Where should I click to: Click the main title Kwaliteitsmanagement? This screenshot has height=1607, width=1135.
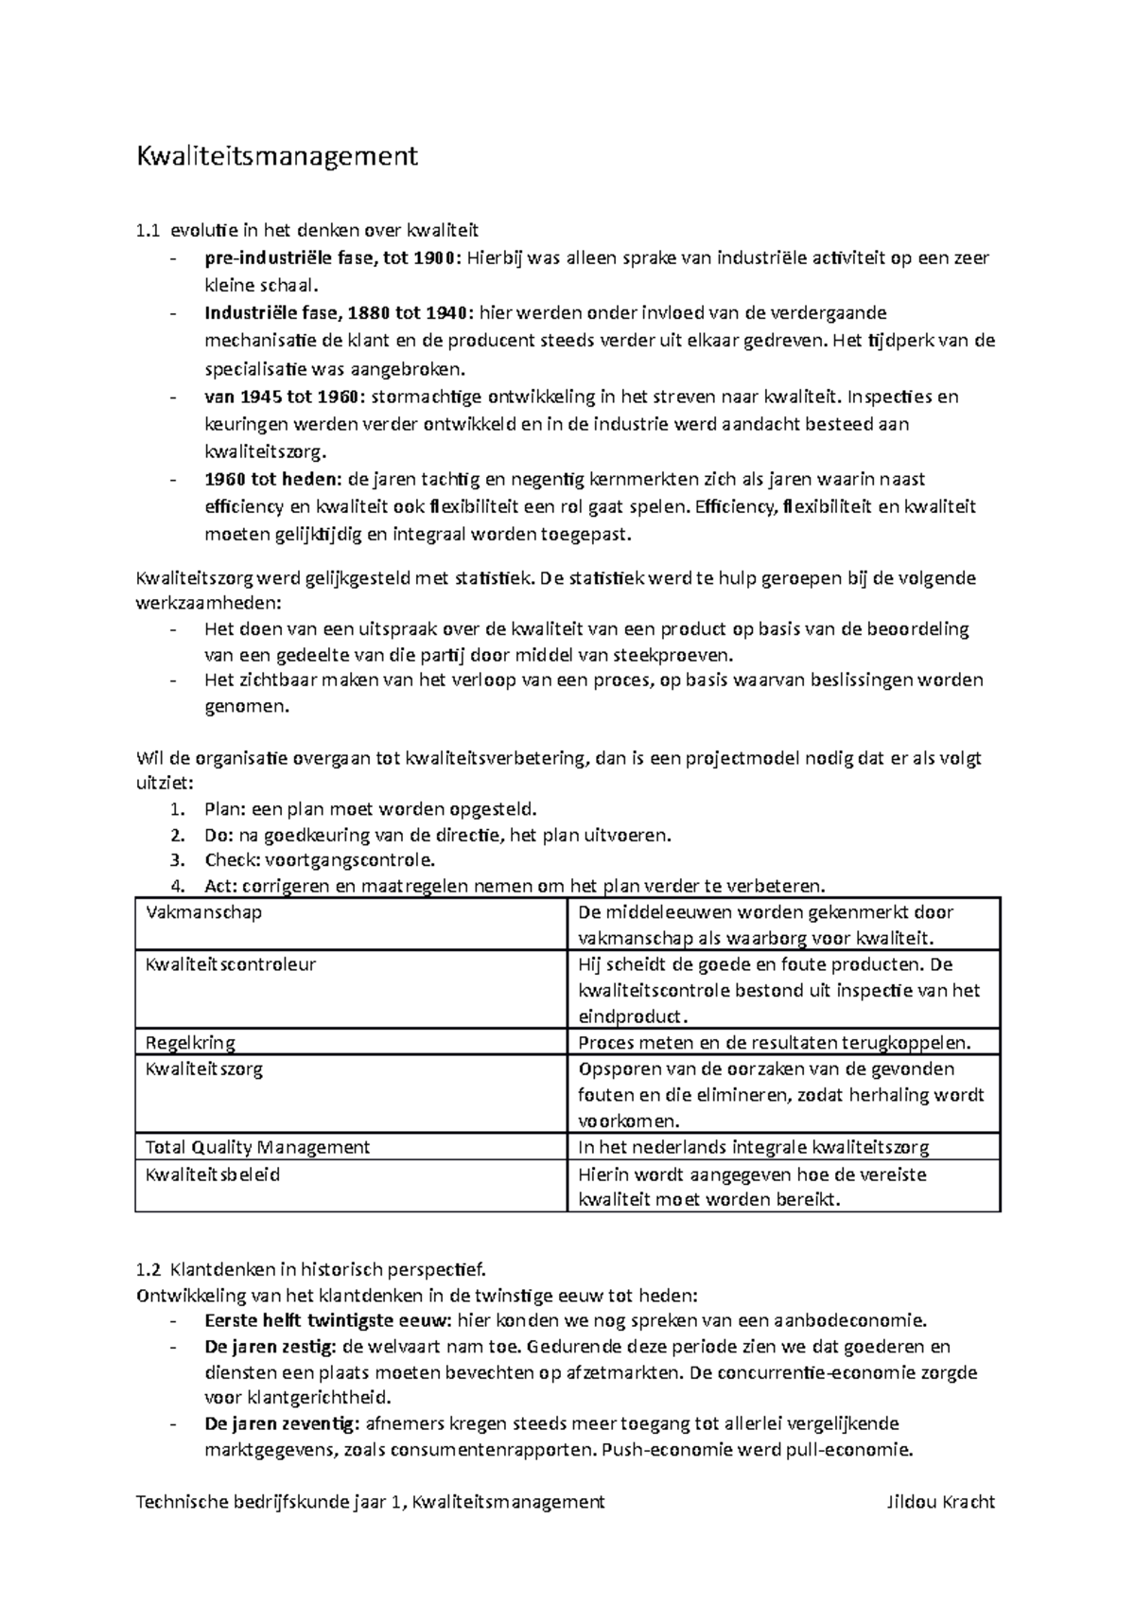tap(277, 155)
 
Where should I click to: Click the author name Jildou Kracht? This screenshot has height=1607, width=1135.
tap(940, 1502)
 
